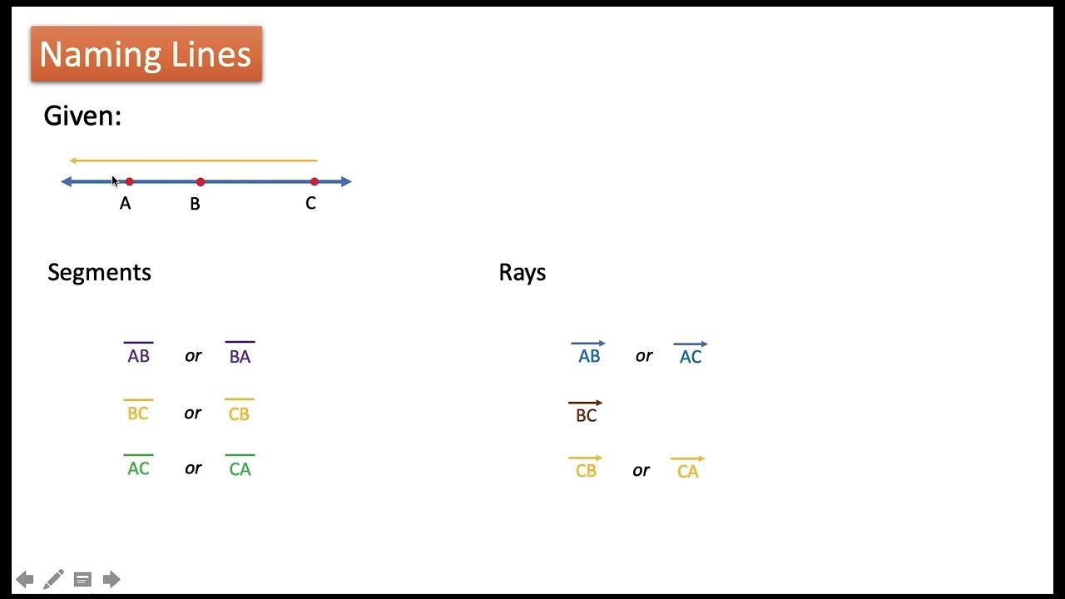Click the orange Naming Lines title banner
click(146, 54)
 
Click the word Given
click(82, 116)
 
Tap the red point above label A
click(129, 181)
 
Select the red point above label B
click(201, 181)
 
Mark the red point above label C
click(314, 181)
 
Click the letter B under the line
click(195, 204)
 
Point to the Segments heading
click(99, 273)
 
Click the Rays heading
click(522, 273)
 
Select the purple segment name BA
click(240, 355)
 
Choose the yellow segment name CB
click(239, 413)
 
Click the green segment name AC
click(138, 468)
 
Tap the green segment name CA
click(240, 468)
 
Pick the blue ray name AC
click(691, 355)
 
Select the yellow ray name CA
click(687, 470)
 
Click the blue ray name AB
click(588, 355)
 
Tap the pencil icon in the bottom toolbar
click(53, 579)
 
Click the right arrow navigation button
click(111, 579)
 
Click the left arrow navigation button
click(25, 579)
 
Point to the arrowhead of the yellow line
click(73, 160)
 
